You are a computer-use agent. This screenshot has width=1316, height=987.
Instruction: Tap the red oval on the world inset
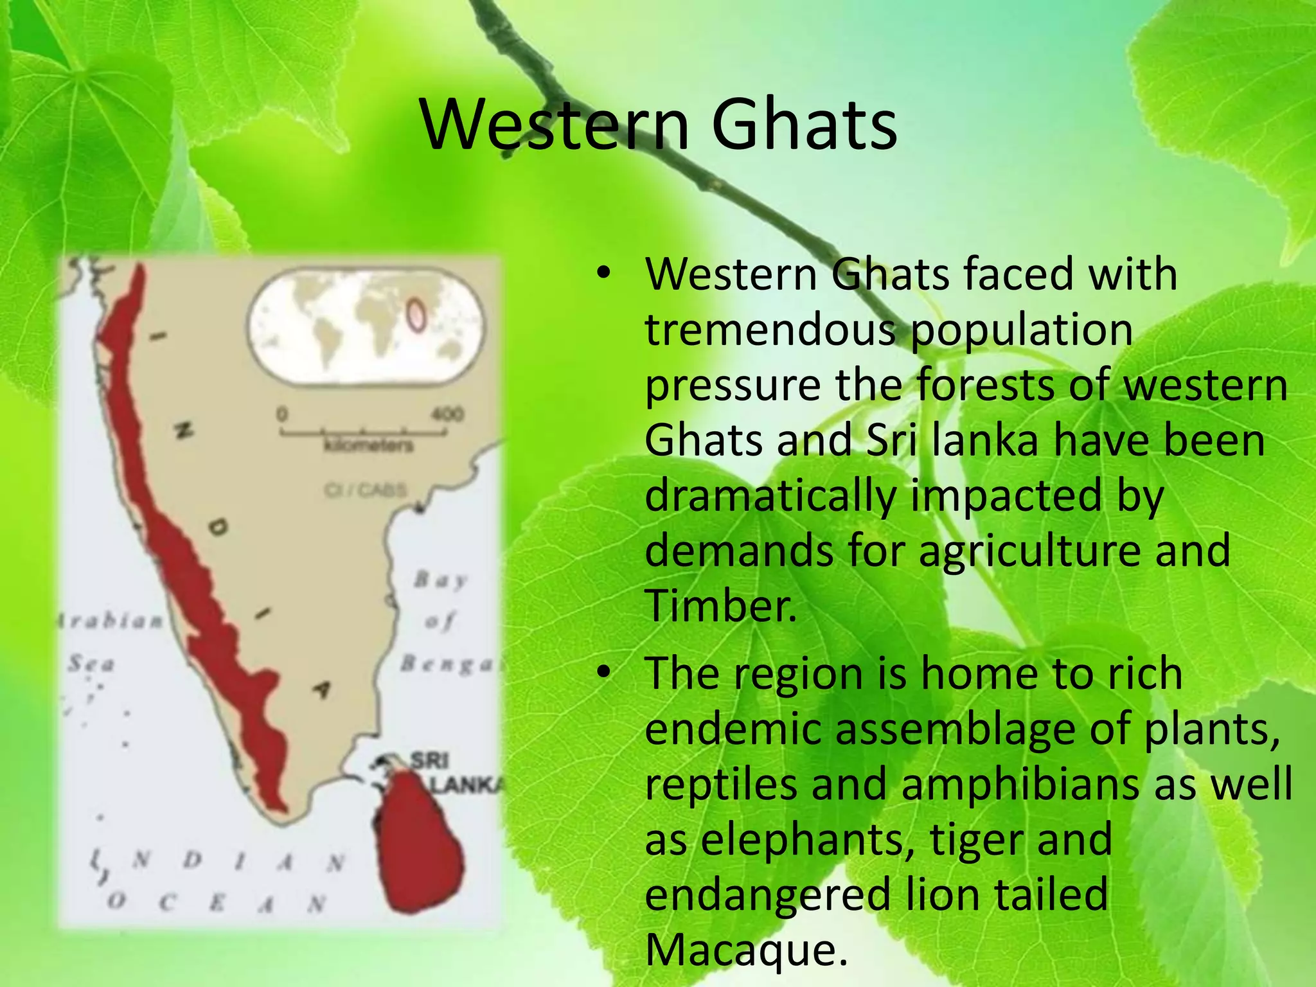point(416,315)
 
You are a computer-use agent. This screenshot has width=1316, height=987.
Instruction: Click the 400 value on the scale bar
point(447,413)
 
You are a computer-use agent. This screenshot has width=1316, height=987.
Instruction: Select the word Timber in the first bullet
point(720,606)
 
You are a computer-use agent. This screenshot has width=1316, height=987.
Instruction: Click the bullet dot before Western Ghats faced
point(602,274)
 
